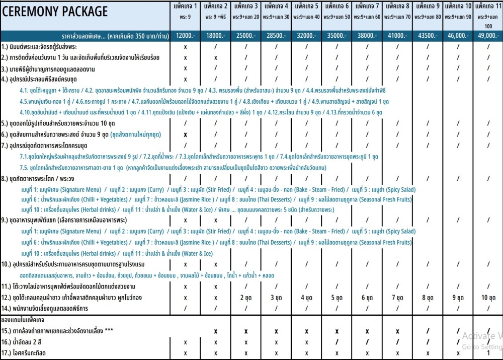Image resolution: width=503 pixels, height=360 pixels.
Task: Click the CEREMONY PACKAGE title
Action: pos(55,11)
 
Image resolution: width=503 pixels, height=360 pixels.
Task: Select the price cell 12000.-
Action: pos(186,36)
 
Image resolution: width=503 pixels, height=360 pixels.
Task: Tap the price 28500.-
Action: pos(276,36)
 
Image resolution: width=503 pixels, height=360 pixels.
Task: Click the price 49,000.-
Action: pos(487,36)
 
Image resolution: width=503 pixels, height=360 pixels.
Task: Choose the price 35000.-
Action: pos(337,36)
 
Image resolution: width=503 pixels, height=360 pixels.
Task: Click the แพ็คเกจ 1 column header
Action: pos(186,7)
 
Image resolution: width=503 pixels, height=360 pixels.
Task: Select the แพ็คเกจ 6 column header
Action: pos(337,7)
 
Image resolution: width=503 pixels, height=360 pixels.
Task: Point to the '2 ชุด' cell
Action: pos(246,297)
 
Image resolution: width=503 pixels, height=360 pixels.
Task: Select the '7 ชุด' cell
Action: pos(397,297)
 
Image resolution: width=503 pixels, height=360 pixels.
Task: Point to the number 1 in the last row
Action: pos(487,353)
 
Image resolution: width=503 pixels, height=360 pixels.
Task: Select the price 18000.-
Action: pos(216,36)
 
